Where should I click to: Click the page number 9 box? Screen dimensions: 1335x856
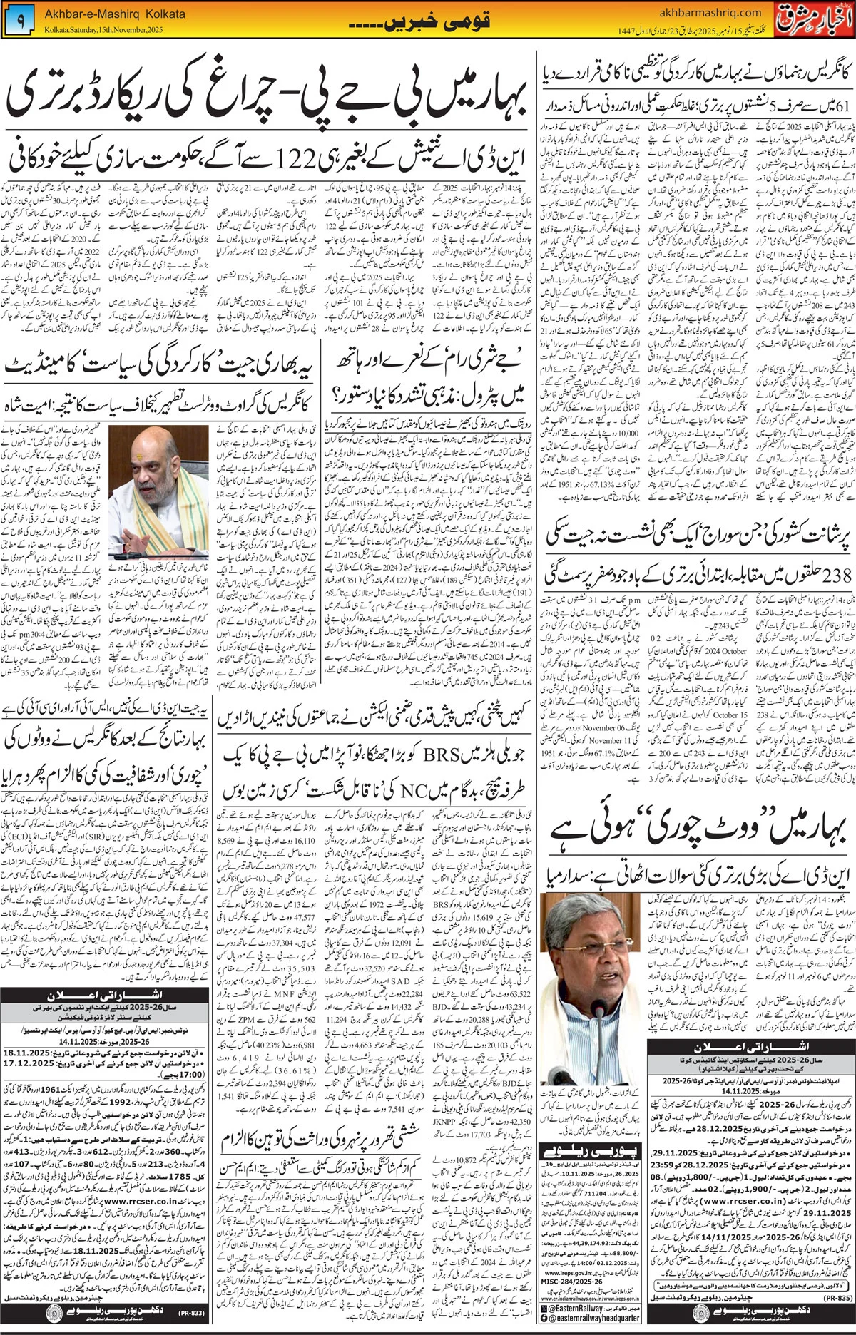[20, 22]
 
